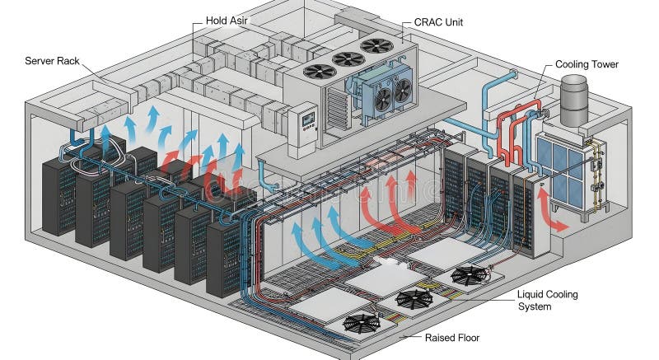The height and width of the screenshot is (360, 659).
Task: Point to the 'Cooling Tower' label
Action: (x=587, y=63)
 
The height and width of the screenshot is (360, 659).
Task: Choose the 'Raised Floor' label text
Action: (x=452, y=338)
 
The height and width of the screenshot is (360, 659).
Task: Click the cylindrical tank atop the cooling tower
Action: (x=573, y=94)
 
